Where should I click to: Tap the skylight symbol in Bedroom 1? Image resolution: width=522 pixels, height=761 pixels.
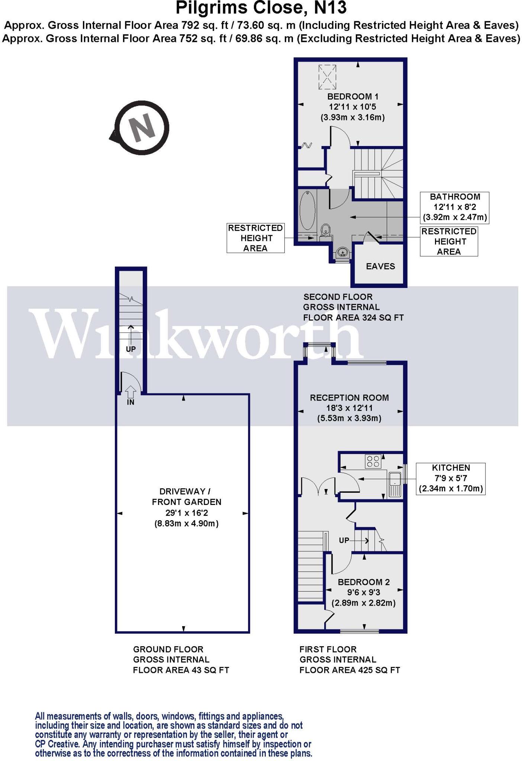click(x=327, y=77)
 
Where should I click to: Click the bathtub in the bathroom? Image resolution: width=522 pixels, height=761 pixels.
click(x=307, y=211)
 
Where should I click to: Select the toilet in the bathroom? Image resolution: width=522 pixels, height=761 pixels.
click(x=326, y=230)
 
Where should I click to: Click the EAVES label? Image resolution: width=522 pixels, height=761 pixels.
click(x=380, y=266)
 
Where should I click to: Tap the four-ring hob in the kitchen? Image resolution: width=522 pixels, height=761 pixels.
click(x=373, y=461)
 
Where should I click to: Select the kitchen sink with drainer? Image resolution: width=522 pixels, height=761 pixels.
click(x=394, y=484)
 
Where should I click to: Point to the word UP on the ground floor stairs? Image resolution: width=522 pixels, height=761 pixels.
click(x=131, y=349)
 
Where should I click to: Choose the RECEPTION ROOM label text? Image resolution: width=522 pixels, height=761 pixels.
click(x=349, y=398)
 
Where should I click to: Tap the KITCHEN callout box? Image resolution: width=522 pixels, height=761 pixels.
click(x=451, y=478)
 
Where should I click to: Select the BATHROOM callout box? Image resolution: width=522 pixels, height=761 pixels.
click(x=454, y=207)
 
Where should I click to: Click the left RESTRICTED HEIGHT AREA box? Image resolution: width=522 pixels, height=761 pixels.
click(x=255, y=238)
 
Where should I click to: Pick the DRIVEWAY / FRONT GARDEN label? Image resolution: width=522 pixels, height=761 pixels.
click(x=187, y=496)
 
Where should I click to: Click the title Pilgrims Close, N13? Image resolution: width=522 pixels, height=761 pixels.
click(x=261, y=8)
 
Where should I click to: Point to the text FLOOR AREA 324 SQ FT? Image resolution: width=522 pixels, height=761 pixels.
click(x=353, y=318)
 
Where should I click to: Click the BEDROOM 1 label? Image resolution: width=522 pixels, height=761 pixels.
click(x=352, y=97)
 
